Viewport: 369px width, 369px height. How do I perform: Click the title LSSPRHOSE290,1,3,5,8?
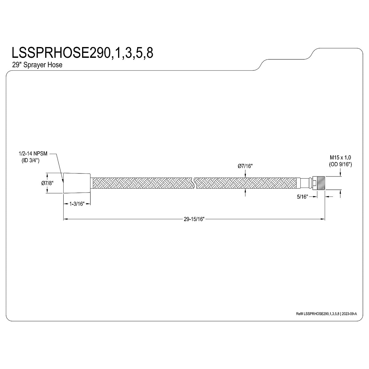[82, 53]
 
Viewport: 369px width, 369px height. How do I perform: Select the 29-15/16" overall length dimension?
[194, 219]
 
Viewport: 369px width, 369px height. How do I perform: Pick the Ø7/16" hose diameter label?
[245, 166]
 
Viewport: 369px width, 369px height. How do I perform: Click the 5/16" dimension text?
[302, 197]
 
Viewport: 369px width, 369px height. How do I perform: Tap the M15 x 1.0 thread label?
[340, 157]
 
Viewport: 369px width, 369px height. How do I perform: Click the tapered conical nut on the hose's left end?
[77, 183]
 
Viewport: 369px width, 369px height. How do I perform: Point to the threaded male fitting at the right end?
[320, 183]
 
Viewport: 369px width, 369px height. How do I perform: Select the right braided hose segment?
[246, 183]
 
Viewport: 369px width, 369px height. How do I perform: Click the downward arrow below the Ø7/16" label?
[245, 174]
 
